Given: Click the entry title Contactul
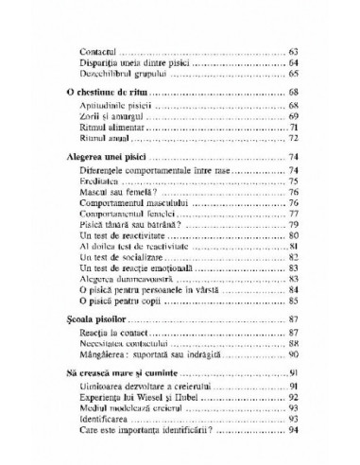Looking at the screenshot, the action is (x=102, y=60).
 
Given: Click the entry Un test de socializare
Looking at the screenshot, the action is (x=122, y=312).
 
